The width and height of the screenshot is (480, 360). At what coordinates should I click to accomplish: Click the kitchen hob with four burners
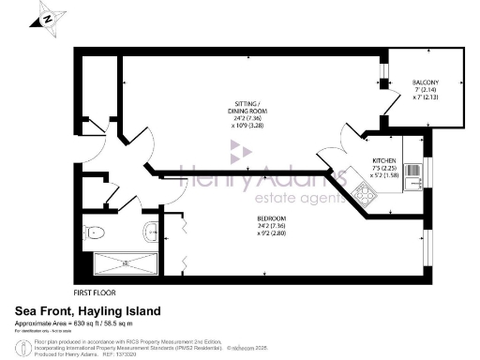(x=362, y=194)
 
